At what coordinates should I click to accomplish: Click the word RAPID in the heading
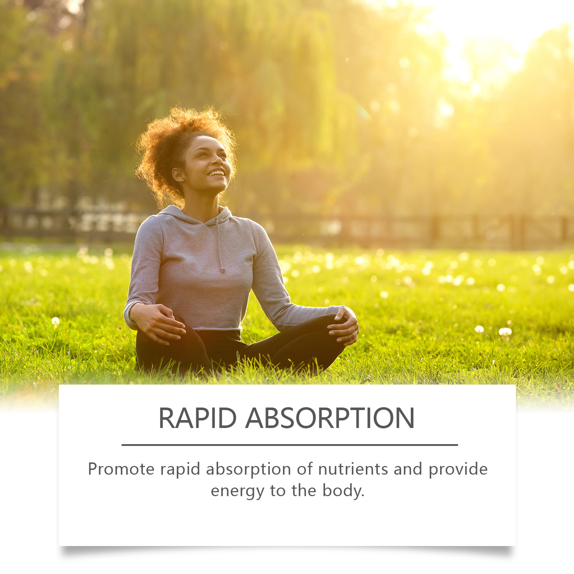coord(198,418)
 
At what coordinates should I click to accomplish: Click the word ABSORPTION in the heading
coord(330,418)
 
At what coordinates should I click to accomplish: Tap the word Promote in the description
coord(121,469)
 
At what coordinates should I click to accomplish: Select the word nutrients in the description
coord(353,469)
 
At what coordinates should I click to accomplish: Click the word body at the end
coord(343,491)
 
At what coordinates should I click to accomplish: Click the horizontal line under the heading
coord(290,445)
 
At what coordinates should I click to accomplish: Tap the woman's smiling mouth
coord(216,174)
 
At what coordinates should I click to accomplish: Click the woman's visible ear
coord(178,174)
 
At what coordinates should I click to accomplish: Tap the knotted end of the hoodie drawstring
coord(223,270)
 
